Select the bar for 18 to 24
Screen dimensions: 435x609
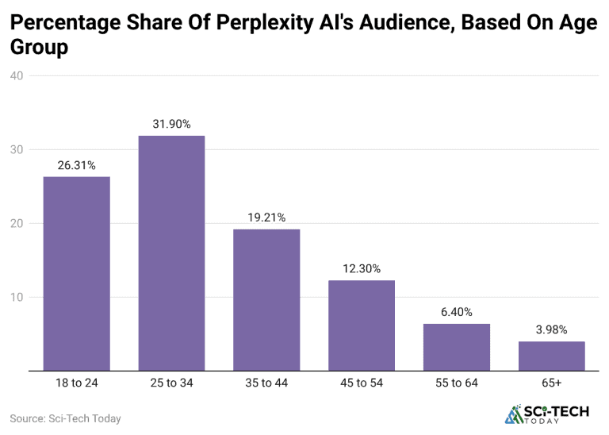click(x=76, y=273)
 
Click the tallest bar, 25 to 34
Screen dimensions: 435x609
click(x=171, y=252)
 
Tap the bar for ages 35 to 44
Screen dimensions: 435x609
click(x=266, y=299)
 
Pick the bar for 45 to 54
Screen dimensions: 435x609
click(x=362, y=325)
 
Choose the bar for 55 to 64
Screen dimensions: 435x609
click(x=457, y=347)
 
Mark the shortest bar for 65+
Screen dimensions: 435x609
click(x=552, y=356)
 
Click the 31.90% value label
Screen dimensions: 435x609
click(x=171, y=124)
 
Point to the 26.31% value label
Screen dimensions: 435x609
click(x=76, y=165)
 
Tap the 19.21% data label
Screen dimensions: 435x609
click(x=266, y=217)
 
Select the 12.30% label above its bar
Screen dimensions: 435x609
click(x=362, y=268)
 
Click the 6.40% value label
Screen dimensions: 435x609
click(x=457, y=312)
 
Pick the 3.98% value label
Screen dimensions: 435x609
click(x=552, y=329)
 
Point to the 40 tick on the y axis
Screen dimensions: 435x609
click(x=17, y=76)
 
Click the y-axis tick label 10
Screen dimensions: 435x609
click(x=17, y=298)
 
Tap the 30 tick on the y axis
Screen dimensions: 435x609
click(x=17, y=150)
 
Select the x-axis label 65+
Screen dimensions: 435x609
click(x=552, y=383)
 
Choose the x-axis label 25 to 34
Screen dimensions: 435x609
click(x=171, y=383)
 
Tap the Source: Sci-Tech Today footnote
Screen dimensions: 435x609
click(x=65, y=418)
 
